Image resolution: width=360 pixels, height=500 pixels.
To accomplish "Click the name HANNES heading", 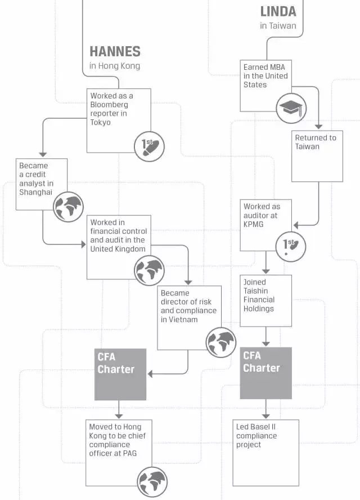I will pos(114,52).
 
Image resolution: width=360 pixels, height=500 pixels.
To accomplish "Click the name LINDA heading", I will pos(278,11).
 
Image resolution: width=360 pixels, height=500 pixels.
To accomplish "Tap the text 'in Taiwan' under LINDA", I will pos(278,26).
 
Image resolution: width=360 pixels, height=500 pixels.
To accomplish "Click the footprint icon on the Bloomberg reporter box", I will pos(150,146).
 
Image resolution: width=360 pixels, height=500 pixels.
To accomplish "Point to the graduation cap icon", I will pos(291,108).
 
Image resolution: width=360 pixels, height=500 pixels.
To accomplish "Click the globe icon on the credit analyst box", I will pos(68,207).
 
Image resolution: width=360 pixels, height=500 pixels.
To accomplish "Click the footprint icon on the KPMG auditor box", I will pos(290,246).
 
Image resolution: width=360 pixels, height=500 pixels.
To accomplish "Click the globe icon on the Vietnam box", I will pos(220,343).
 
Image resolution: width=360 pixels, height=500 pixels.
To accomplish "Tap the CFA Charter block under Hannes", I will pos(120,374).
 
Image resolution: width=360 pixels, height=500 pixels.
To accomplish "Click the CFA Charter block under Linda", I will pos(266,373).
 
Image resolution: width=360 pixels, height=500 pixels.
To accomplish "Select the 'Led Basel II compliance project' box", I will pos(265,452).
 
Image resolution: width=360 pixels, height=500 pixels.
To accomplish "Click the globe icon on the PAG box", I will pos(152,482).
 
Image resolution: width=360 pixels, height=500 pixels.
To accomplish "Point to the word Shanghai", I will pos(35,193).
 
